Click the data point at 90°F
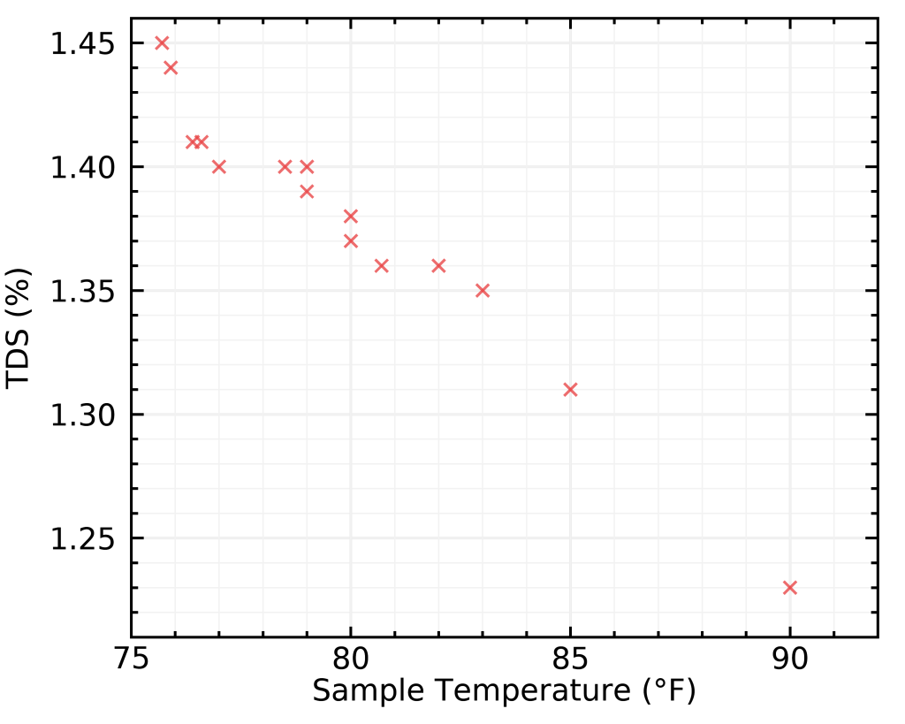(x=790, y=588)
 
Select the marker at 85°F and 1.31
(x=570, y=390)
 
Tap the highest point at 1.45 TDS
(x=162, y=43)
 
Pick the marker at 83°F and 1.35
(x=483, y=291)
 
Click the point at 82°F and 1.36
(x=438, y=266)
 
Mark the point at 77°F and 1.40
(x=219, y=167)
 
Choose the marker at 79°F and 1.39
(x=307, y=192)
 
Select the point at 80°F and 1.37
(x=351, y=241)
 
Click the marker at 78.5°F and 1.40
(x=285, y=167)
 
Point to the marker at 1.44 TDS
(x=171, y=68)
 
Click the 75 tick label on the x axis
(x=131, y=660)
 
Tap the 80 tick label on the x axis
(x=351, y=660)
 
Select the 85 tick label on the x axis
(x=570, y=660)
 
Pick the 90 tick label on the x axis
(x=790, y=660)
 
